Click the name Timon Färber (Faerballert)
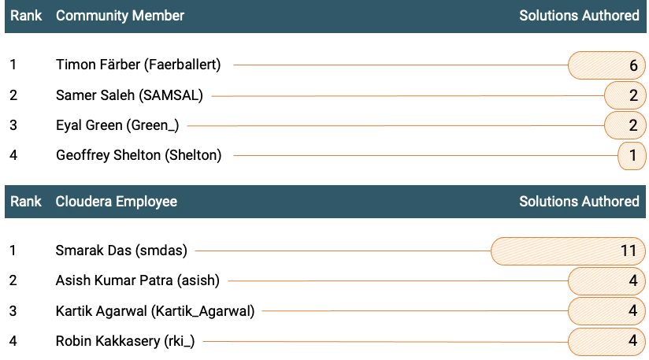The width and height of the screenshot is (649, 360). click(x=139, y=65)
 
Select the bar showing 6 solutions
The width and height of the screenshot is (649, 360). click(x=606, y=65)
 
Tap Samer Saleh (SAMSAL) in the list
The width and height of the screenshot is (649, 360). click(x=129, y=95)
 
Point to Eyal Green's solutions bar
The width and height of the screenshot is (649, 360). click(x=625, y=125)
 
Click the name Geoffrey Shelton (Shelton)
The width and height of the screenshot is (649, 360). click(x=139, y=155)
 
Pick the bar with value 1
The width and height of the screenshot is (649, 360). click(x=632, y=156)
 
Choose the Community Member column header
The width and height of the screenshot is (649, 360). click(x=120, y=16)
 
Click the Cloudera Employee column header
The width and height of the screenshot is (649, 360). click(x=117, y=202)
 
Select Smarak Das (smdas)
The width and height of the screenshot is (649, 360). click(x=121, y=251)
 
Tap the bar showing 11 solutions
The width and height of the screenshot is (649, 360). click(x=569, y=251)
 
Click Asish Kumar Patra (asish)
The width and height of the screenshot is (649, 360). click(x=137, y=280)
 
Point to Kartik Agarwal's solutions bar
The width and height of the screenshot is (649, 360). click(x=606, y=311)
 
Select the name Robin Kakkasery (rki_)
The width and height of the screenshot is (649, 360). click(x=125, y=341)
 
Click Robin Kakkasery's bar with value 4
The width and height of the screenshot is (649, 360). click(x=606, y=342)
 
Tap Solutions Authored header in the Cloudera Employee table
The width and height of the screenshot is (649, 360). click(x=580, y=202)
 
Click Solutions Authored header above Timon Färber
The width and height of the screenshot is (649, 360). click(x=580, y=16)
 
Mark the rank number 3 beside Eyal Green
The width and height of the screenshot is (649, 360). click(x=13, y=125)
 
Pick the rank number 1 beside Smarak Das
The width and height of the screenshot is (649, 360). click(x=13, y=251)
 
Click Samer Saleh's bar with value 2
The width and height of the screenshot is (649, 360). click(x=625, y=95)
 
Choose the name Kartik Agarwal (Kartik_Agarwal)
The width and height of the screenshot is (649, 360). click(x=155, y=311)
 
